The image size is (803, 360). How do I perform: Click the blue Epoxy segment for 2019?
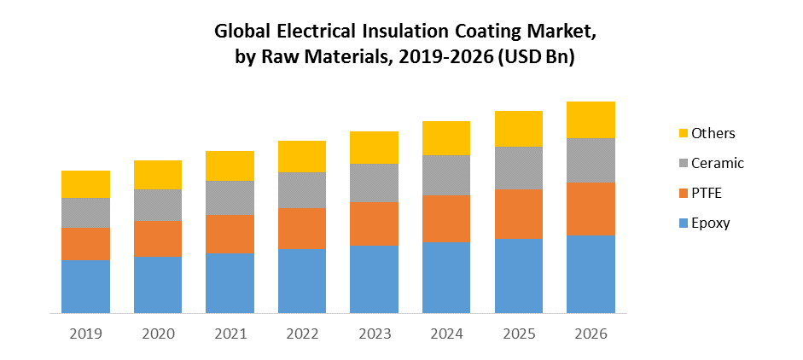coord(85,286)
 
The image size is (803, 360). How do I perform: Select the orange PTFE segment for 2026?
coord(591,208)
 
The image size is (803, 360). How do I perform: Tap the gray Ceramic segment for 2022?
coord(302,189)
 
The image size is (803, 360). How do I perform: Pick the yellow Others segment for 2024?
coord(446,137)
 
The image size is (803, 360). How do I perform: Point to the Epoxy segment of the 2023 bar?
coord(374,278)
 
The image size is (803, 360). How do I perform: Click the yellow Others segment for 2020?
coord(158,174)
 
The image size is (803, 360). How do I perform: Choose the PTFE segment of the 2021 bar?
coord(230,234)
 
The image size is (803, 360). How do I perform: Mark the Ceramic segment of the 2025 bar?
coord(519,167)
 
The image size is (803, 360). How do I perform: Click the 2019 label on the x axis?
coord(85,334)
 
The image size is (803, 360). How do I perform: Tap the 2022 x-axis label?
coord(302,334)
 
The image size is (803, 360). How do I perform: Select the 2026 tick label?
coord(591,334)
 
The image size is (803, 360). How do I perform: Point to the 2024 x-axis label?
coord(446,334)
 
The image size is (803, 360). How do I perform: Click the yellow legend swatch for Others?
coord(682,133)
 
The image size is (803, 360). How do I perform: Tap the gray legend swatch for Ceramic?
coord(682,163)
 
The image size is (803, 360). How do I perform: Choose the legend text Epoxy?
coord(710,223)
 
